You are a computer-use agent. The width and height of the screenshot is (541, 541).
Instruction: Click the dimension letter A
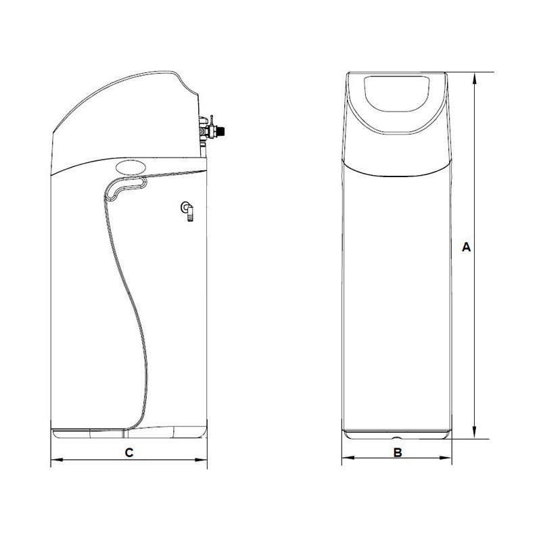tap(466, 247)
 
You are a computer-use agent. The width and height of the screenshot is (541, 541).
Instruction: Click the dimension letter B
tap(398, 452)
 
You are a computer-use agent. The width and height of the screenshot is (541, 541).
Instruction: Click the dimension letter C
tap(128, 452)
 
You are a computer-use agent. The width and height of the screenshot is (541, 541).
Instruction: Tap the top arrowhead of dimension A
tap(475, 78)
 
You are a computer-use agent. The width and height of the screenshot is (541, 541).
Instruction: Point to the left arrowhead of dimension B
tap(348, 458)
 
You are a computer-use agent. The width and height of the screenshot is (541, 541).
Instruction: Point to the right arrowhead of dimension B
tap(445, 458)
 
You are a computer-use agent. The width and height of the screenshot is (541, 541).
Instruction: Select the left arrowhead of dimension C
tap(57, 460)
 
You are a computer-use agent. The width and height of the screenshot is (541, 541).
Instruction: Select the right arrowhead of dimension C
tap(201, 460)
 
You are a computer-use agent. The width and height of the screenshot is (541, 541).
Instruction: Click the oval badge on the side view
tap(131, 168)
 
